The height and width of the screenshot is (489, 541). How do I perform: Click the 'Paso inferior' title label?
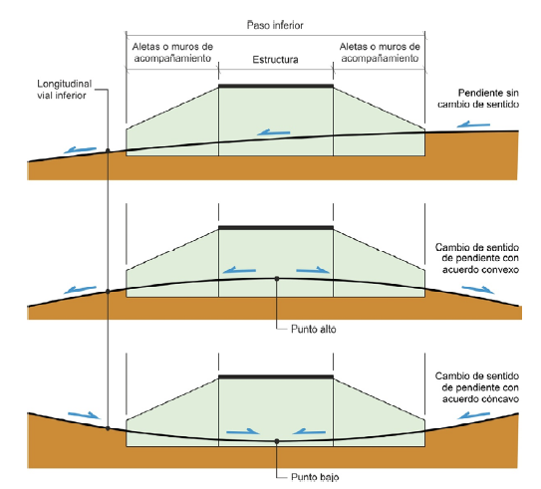click(x=275, y=25)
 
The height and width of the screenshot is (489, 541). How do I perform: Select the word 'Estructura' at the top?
click(x=275, y=60)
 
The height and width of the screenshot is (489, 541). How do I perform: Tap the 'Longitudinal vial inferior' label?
click(x=64, y=90)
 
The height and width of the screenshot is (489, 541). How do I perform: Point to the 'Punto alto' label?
click(x=313, y=330)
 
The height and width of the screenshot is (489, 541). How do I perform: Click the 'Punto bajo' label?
click(x=315, y=477)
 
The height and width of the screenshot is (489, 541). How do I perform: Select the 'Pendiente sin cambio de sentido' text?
click(x=478, y=99)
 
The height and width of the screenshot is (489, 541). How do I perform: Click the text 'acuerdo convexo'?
click(x=480, y=269)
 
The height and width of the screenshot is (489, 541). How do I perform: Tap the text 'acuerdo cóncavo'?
click(x=480, y=399)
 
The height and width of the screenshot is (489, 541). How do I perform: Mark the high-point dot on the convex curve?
click(x=277, y=279)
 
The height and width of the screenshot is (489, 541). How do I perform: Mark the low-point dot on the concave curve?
click(x=277, y=441)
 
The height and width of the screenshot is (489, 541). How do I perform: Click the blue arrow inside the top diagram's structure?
click(x=274, y=132)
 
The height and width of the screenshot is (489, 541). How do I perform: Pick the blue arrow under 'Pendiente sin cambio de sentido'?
click(x=473, y=124)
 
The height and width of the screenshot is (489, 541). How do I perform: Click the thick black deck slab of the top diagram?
click(x=276, y=86)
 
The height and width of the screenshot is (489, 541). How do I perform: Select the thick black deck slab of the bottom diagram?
click(x=276, y=376)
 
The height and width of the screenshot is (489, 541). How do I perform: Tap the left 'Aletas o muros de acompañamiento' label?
click(x=172, y=53)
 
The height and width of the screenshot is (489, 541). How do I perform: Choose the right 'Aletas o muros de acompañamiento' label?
click(x=380, y=53)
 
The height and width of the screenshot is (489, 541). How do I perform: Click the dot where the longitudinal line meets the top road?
click(x=108, y=150)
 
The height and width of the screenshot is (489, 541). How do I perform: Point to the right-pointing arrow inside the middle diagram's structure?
click(x=313, y=270)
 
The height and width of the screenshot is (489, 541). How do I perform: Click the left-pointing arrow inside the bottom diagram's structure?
click(x=309, y=431)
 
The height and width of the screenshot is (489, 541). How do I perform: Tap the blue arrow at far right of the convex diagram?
click(x=478, y=290)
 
